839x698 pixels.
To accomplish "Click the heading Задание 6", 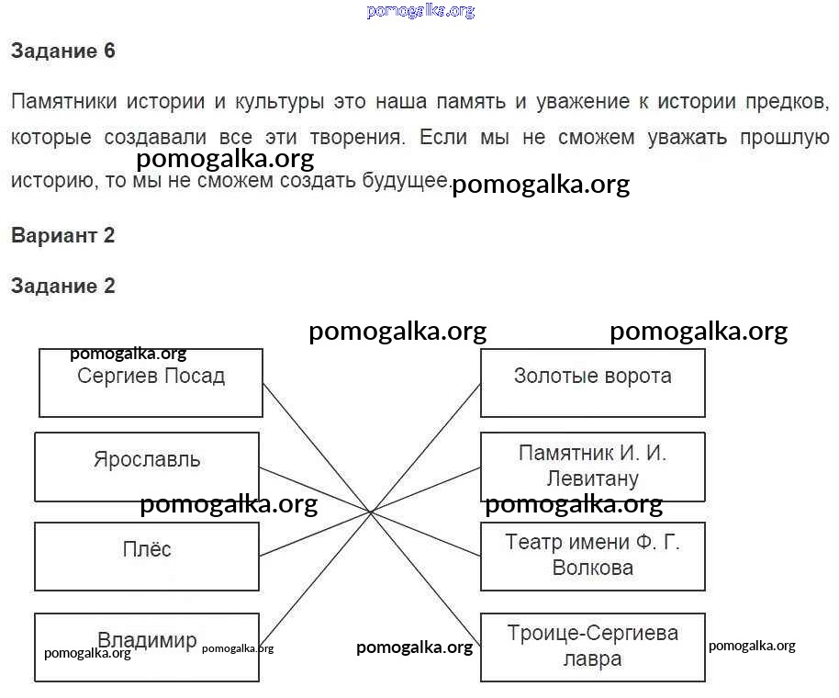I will (63, 51).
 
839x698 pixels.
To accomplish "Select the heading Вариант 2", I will (62, 235).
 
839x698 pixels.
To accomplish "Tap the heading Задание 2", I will (63, 286).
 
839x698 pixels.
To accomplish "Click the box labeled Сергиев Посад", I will (151, 383).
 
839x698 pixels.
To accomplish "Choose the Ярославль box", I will (147, 467).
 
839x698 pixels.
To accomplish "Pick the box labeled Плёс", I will (147, 557).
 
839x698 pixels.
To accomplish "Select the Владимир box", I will (147, 647).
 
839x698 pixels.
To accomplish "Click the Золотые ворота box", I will (592, 383).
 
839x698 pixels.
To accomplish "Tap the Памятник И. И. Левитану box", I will (592, 467).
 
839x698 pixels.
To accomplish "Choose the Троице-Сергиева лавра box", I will (592, 647).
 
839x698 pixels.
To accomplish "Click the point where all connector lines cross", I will (371, 512).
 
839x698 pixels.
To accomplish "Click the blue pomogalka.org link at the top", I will (420, 11).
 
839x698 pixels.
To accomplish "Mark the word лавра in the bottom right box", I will (592, 659).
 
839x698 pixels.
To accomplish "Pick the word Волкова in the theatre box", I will (592, 569).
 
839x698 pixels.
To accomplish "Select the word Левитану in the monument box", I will (592, 478).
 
